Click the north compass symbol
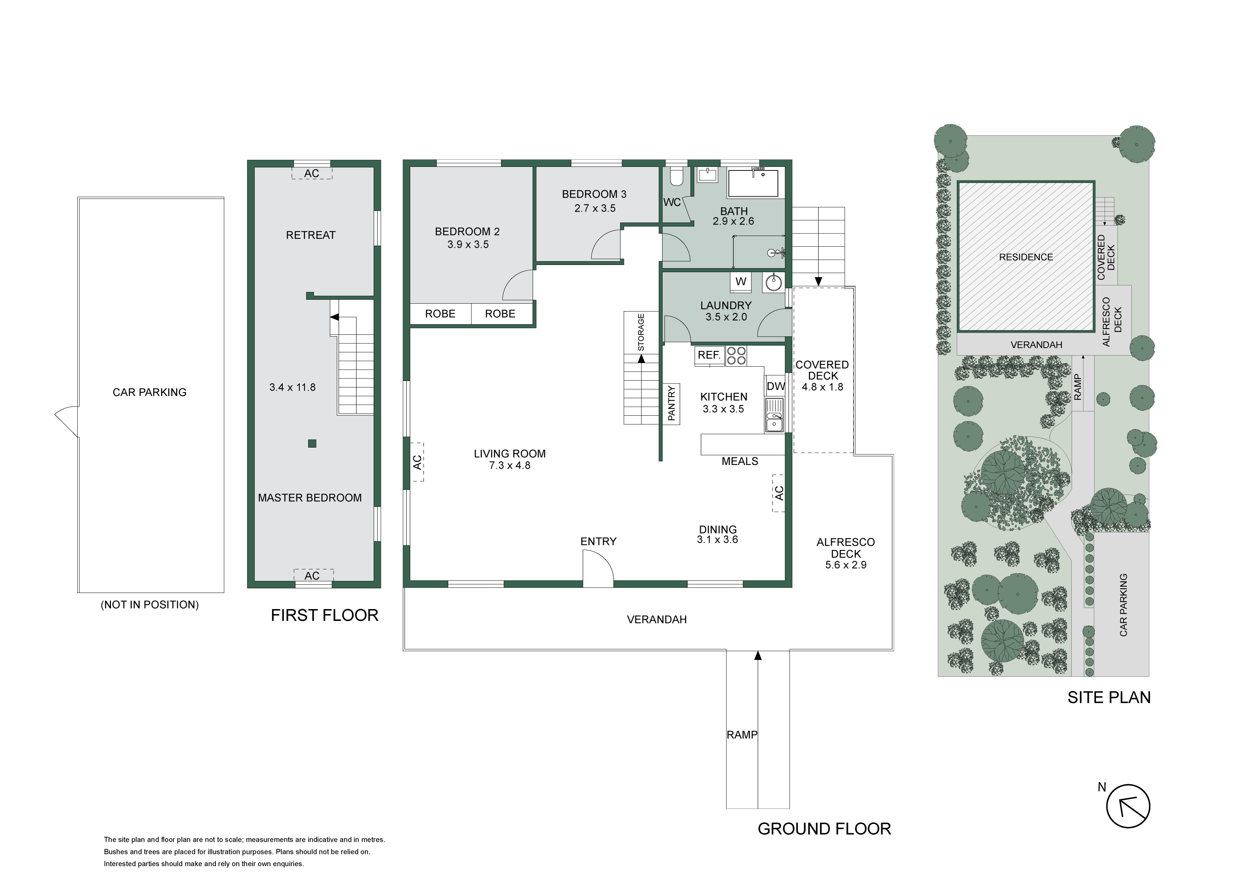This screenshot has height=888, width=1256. coord(1128,806)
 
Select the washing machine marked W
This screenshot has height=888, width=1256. coord(741,282)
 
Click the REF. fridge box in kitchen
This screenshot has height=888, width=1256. coord(709,356)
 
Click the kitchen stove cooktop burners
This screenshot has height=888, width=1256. coord(736,356)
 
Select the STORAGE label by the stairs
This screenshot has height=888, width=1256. coord(641,332)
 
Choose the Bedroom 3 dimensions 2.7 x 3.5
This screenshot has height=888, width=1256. coord(595,208)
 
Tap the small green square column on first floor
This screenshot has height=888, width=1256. coord(312,444)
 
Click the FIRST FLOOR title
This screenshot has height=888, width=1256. coord(324,616)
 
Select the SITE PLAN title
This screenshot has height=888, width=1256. coord(1109,698)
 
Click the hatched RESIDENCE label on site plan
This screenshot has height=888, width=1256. coord(1026,257)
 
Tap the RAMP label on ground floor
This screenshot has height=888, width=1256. coord(742,735)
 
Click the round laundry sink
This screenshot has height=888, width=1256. coord(773,282)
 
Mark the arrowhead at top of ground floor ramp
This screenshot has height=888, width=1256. coord(758,655)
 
